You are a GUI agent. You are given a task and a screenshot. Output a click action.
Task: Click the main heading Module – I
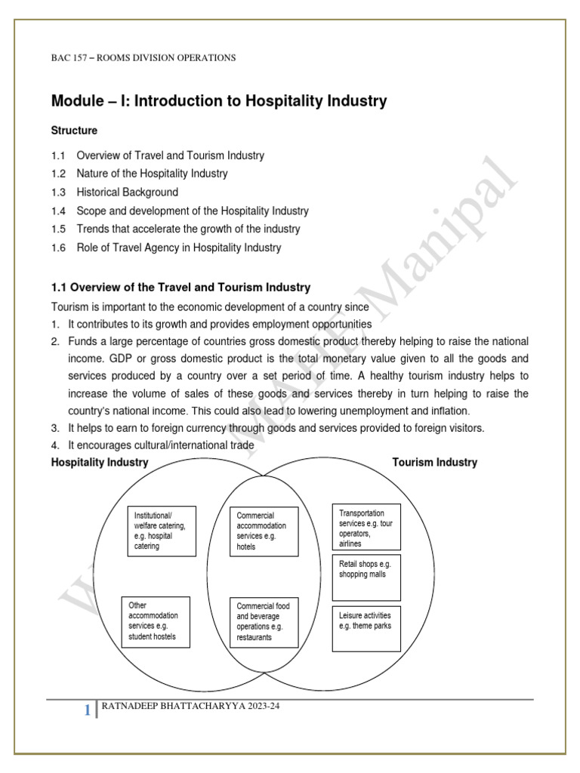click(218, 101)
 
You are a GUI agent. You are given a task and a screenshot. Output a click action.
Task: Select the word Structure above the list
click(74, 131)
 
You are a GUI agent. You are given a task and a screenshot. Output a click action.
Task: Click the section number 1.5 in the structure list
click(58, 229)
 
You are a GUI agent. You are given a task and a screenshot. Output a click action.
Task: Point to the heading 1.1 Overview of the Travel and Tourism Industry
click(180, 288)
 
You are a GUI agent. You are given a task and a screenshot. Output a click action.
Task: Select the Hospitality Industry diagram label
click(100, 462)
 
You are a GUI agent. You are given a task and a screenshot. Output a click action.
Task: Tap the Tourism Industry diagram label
click(434, 462)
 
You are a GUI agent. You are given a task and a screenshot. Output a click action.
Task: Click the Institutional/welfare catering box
click(162, 531)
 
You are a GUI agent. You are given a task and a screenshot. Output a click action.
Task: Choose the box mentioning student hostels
click(156, 621)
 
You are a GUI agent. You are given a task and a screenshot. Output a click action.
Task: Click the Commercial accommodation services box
click(264, 531)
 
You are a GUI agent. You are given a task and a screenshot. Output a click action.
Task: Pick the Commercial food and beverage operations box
click(264, 622)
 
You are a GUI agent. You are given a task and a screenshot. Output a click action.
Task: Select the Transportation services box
click(366, 528)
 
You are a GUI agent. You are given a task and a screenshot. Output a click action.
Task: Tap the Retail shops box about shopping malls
click(366, 577)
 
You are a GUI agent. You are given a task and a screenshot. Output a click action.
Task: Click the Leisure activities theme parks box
click(366, 628)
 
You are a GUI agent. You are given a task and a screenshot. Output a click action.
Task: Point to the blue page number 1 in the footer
click(88, 710)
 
